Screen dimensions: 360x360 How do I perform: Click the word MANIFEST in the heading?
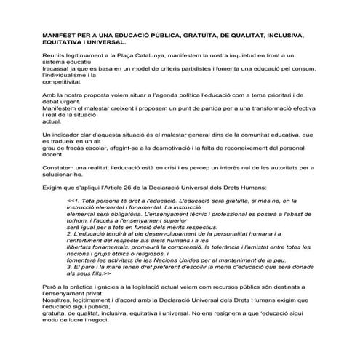tap(60, 34)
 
